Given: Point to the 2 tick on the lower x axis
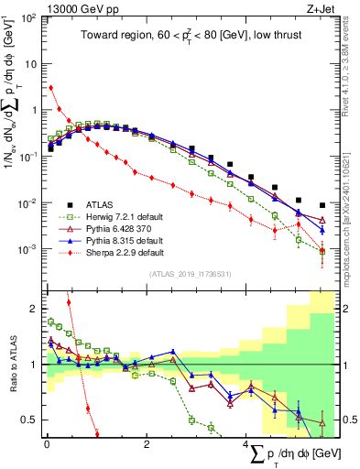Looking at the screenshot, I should pos(147,444).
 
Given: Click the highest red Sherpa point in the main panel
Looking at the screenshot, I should pos(50,88).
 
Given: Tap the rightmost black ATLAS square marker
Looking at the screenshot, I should pos(322,205).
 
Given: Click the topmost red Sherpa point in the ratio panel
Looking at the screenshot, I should pos(69,301).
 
